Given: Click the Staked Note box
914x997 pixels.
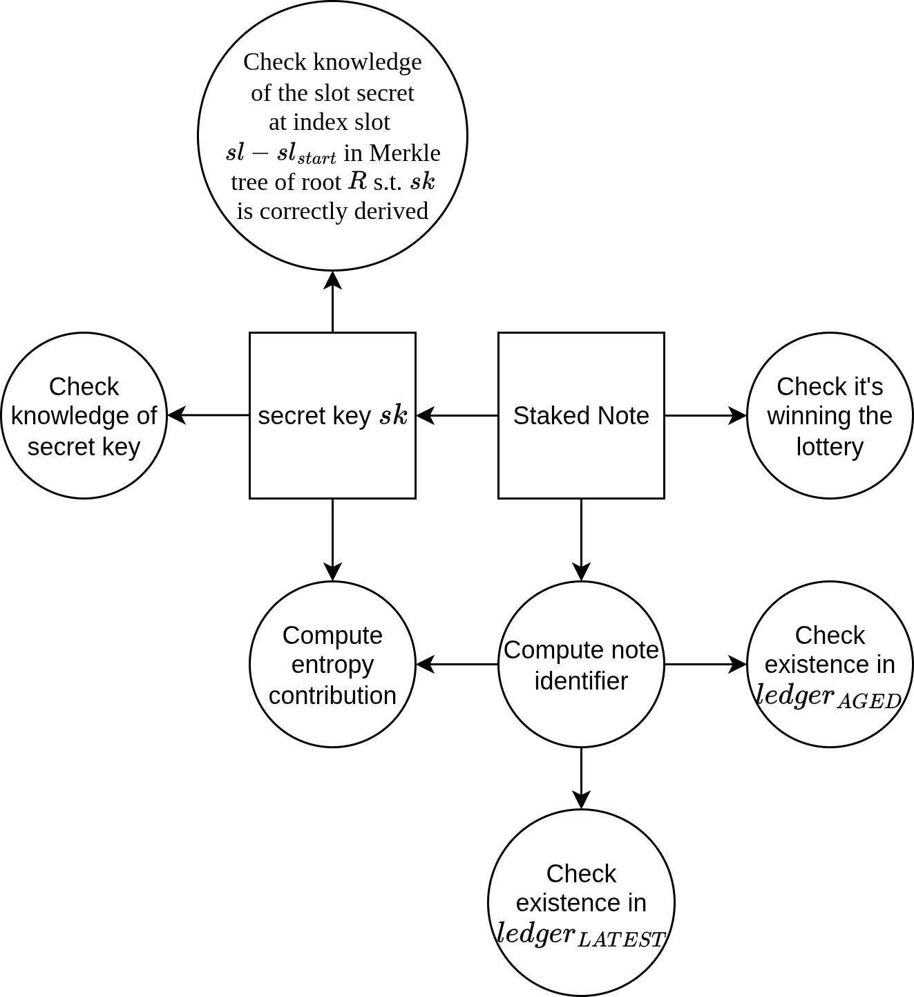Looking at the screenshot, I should point(581,415).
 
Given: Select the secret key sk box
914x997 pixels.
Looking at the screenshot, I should point(332,415).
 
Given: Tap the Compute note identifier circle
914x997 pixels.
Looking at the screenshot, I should point(581,664).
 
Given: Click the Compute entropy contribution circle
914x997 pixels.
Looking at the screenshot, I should point(332,664).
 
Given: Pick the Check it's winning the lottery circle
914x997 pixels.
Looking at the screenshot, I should point(830,415).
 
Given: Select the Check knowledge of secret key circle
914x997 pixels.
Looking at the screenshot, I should point(84,415).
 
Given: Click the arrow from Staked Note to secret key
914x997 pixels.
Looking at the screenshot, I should point(457,415).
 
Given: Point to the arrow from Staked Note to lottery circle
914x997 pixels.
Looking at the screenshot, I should point(705,415).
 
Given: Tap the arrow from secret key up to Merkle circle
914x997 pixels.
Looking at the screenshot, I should point(332,302).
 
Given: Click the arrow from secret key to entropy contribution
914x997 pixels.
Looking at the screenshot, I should point(332,540).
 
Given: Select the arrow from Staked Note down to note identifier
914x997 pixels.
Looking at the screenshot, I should point(581,540).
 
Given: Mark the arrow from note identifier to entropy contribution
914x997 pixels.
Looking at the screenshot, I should point(457,664).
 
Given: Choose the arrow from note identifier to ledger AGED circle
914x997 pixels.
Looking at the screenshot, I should point(705,664).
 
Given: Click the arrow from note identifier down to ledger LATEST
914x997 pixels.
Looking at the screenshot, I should point(581,778).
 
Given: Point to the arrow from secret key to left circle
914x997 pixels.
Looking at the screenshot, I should point(208,415).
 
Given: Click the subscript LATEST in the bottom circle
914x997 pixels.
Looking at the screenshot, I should point(620,940).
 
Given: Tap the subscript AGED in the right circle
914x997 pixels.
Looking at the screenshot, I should point(869,701).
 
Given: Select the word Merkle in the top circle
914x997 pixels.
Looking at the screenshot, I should point(405,153).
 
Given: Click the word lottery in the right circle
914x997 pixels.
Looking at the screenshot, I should point(830,446).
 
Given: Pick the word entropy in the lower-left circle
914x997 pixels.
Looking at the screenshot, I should point(332,664).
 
